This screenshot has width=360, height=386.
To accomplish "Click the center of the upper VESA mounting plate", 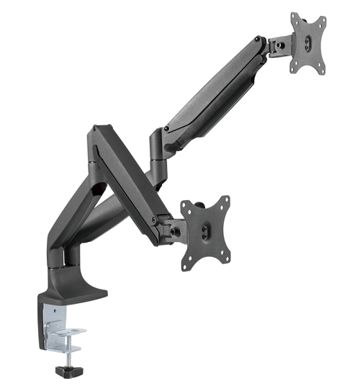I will click(x=308, y=42).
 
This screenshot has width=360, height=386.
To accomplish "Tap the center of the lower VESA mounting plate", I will click(x=206, y=231).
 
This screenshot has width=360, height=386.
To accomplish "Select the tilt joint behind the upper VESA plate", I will click(x=278, y=46).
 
